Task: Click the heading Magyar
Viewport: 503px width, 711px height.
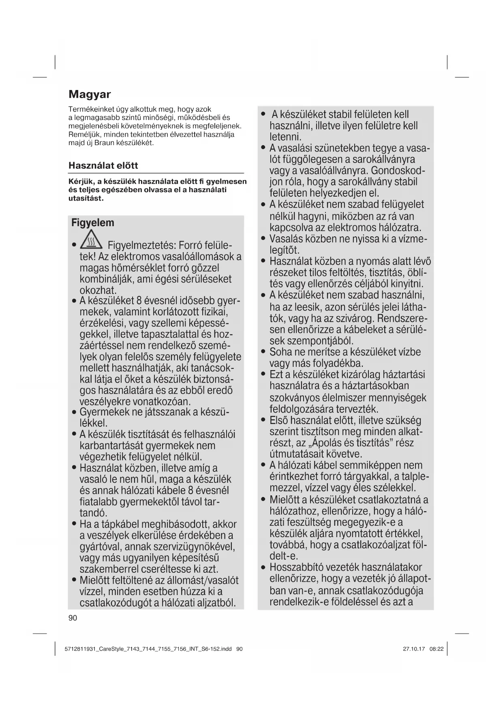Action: tap(90, 94)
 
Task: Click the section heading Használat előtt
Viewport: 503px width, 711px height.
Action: tap(103, 165)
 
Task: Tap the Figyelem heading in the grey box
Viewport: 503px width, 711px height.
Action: tap(93, 223)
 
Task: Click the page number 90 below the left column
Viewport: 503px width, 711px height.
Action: tap(73, 618)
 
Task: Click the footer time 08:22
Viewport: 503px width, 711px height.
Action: tap(437, 649)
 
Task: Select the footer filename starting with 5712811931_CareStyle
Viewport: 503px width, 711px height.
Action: tap(148, 649)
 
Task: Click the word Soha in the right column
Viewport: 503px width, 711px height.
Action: tap(280, 352)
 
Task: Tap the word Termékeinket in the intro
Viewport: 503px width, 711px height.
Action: tap(90, 109)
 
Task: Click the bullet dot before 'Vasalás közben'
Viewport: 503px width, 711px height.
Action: tap(263, 239)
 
